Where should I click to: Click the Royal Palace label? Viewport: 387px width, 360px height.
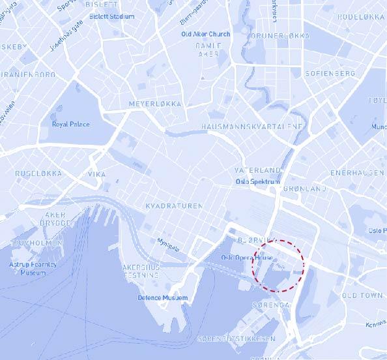point(71,124)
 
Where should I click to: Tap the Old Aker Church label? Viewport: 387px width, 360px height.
point(206,34)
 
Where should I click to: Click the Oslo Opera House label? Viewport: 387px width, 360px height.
point(246,258)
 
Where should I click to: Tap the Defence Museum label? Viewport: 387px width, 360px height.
point(162,298)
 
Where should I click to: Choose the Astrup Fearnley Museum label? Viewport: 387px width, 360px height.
point(33,268)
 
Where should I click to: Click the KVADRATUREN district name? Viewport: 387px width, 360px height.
point(174,205)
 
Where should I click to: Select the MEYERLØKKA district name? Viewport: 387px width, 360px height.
point(155,104)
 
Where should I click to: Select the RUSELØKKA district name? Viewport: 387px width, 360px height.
point(38,173)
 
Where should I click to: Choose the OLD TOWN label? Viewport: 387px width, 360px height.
point(362,295)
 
